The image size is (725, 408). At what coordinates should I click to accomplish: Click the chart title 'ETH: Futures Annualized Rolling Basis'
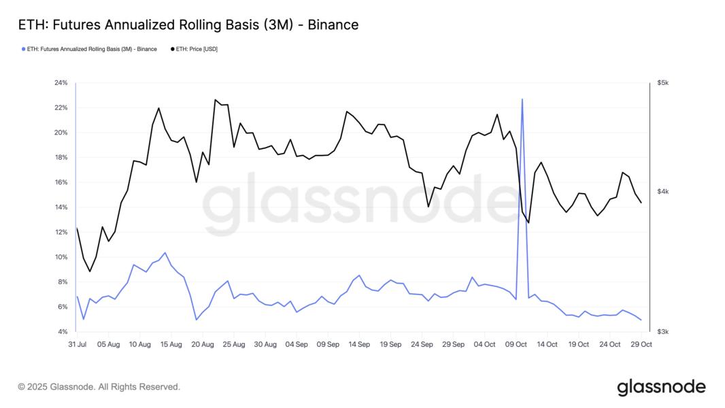pos(188,25)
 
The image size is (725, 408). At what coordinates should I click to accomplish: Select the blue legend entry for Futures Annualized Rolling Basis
pos(91,49)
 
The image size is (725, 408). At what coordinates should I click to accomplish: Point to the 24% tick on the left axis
pos(61,83)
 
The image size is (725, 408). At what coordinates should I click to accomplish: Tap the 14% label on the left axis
pos(61,207)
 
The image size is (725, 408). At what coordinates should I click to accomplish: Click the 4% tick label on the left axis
pos(63,332)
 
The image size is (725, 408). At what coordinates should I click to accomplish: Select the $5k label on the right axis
pos(663,83)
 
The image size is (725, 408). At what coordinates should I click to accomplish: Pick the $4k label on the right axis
pos(663,192)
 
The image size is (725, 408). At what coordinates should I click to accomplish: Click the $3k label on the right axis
pos(663,332)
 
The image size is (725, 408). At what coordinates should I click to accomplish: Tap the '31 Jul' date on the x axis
pos(77,345)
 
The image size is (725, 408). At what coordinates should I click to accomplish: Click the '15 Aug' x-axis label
pos(171,345)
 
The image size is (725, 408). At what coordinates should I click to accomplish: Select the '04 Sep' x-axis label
pos(297,345)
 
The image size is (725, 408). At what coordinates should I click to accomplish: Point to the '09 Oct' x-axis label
pos(516,345)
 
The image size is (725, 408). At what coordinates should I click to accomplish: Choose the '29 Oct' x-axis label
pos(641,345)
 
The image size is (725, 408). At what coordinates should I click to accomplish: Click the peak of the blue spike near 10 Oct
pos(522,99)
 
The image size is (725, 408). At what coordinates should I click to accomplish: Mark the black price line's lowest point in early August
pos(90,271)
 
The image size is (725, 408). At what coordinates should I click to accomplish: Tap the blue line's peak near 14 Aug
pos(165,253)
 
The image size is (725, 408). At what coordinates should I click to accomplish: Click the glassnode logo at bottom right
pos(661,388)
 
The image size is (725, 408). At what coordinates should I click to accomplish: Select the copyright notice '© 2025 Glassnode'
pos(99,387)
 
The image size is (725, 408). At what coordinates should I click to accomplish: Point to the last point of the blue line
pos(641,320)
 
